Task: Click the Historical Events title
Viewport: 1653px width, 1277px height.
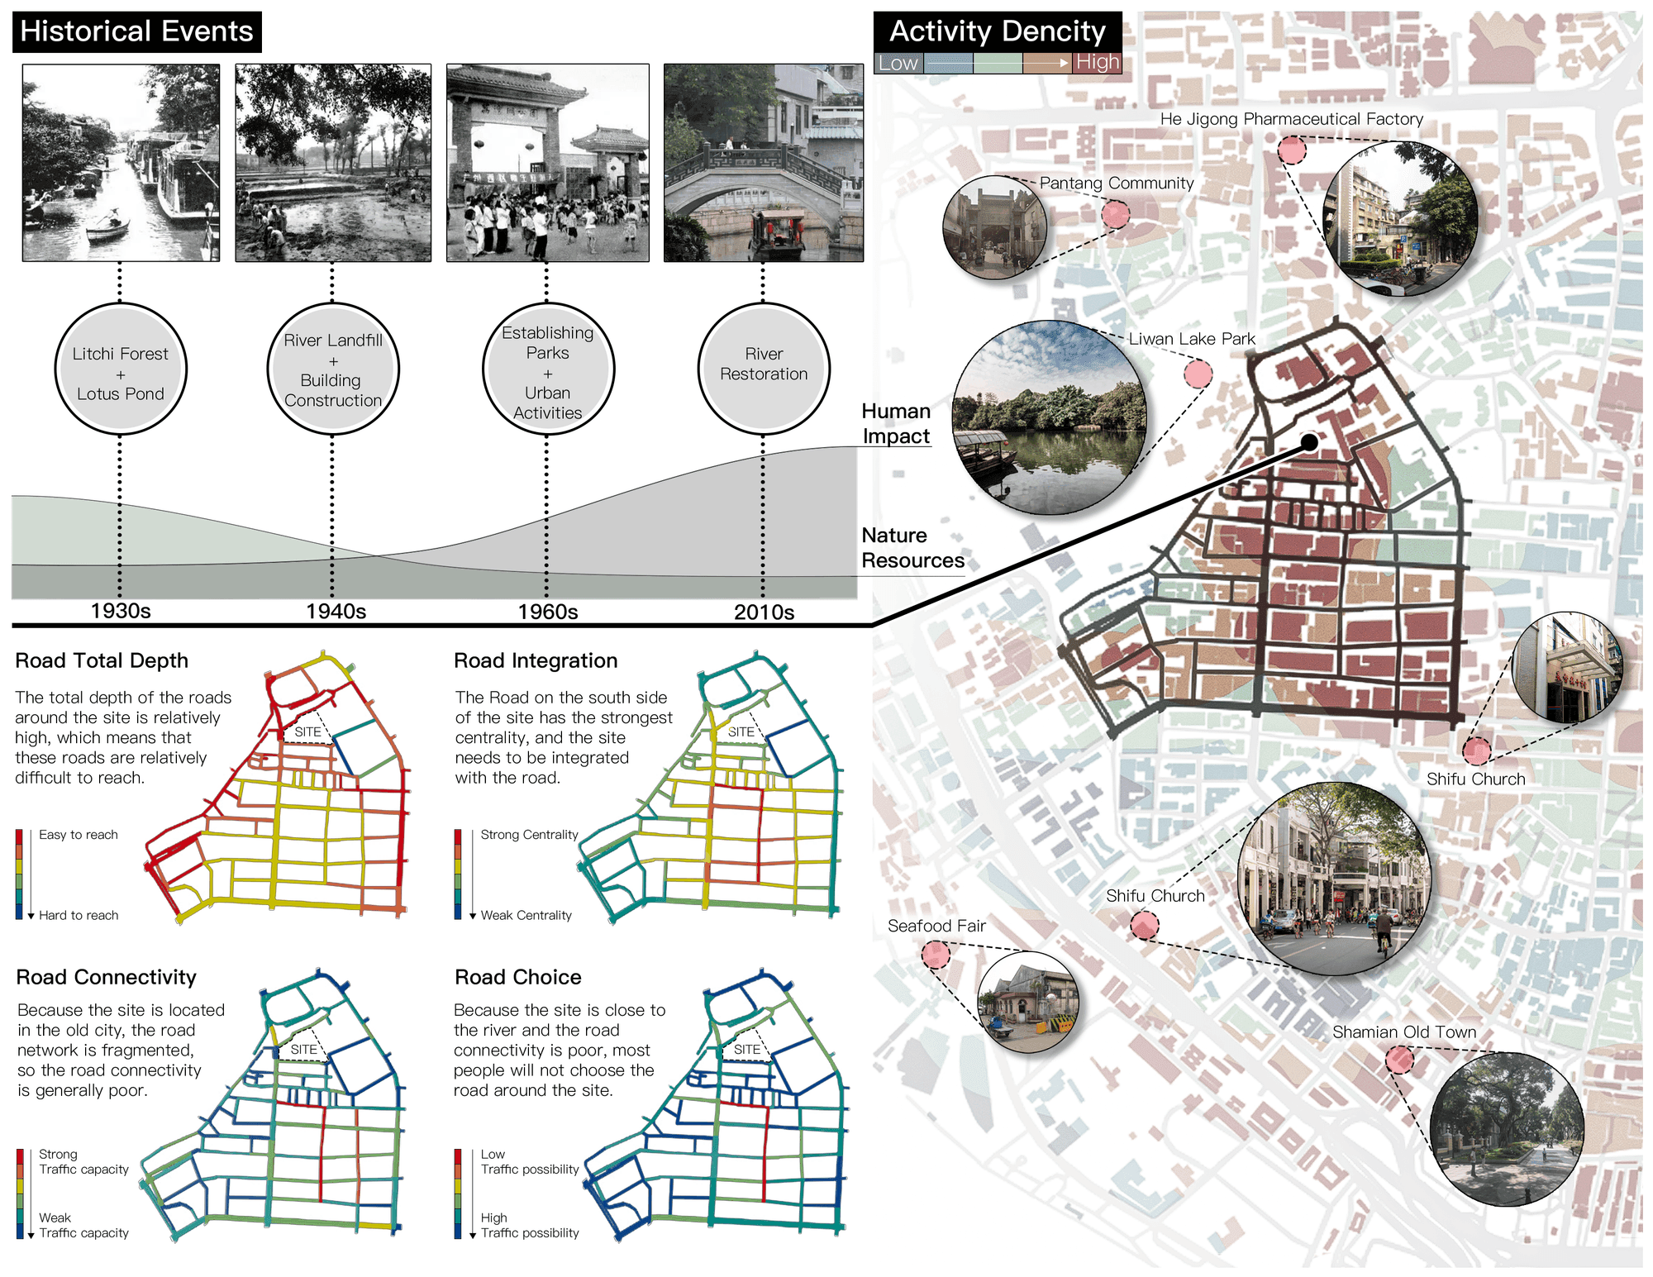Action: coord(137,31)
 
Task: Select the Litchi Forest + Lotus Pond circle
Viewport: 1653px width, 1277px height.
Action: coord(121,369)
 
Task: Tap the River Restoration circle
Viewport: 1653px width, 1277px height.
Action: coord(764,369)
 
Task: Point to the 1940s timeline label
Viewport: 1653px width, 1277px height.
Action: coord(336,611)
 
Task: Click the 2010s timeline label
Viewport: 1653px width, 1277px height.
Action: coord(764,612)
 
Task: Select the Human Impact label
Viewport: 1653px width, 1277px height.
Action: coord(896,423)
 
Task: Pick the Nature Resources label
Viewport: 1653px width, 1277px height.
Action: coord(912,547)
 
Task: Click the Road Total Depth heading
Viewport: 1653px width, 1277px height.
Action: coord(102,660)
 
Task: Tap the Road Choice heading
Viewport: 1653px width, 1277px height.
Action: coord(518,977)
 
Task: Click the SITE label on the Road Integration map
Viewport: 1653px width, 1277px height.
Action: coord(741,731)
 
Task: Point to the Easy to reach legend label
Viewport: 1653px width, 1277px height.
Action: coord(79,835)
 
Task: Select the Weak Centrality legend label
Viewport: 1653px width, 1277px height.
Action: coord(526,915)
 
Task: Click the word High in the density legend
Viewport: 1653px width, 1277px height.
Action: coord(1098,62)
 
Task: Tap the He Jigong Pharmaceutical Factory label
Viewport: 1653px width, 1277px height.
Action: coord(1291,119)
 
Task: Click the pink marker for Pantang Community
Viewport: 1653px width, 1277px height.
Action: coord(1116,215)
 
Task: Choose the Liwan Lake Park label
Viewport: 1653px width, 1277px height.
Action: coord(1192,339)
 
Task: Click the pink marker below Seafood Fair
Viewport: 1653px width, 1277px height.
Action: coord(936,954)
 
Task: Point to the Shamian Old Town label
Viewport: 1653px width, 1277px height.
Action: coord(1404,1032)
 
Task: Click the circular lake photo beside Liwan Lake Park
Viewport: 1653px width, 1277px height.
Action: coord(1050,417)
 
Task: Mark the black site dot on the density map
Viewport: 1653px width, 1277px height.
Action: coord(1309,443)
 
